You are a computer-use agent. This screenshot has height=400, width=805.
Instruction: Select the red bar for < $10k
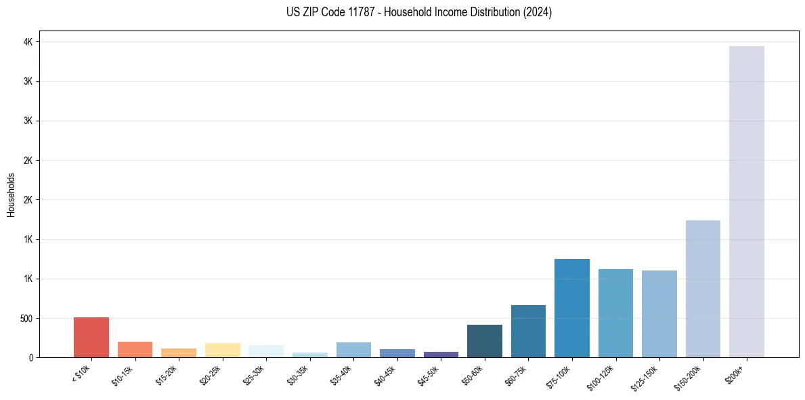91,337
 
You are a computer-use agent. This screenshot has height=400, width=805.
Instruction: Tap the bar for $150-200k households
703,289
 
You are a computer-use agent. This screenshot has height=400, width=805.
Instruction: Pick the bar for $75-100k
572,308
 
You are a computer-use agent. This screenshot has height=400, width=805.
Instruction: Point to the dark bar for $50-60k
485,341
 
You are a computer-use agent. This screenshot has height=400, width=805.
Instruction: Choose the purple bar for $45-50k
441,354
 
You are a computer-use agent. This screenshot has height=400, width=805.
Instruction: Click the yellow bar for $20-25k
223,350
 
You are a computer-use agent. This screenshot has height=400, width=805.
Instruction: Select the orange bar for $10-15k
135,349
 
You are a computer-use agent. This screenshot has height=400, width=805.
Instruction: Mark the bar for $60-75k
528,331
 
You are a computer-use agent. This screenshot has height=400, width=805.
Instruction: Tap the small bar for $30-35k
310,355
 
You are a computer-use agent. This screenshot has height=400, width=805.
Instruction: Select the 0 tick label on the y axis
30,357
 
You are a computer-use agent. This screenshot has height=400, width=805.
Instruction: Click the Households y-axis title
11,195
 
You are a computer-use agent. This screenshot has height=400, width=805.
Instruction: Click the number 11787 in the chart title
360,12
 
